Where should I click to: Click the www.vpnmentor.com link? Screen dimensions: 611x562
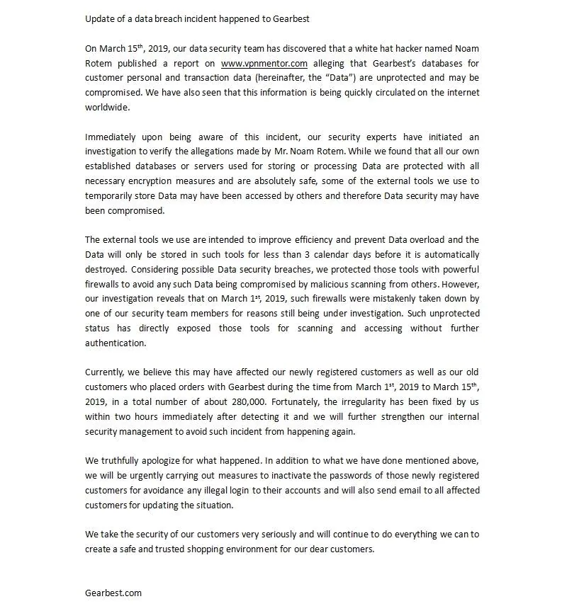coord(264,63)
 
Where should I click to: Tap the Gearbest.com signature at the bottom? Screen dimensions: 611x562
coord(113,593)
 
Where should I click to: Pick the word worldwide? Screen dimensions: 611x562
coord(107,108)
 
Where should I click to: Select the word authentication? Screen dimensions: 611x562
coord(116,343)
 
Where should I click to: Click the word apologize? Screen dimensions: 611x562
coord(158,461)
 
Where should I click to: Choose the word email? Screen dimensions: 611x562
coord(403,491)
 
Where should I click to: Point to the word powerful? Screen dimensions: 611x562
coord(461,269)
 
